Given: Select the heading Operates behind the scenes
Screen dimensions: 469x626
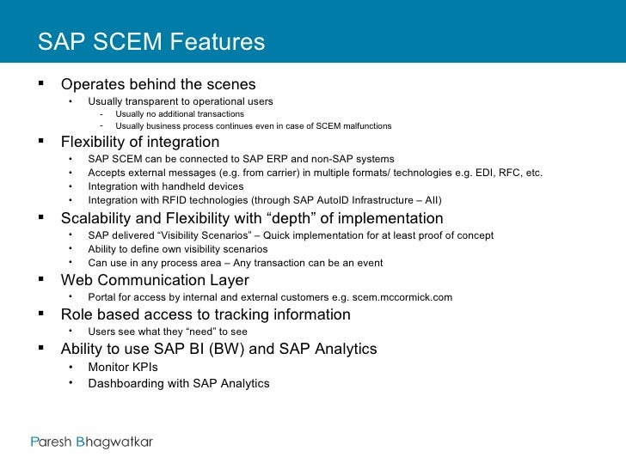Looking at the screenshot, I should click(158, 85).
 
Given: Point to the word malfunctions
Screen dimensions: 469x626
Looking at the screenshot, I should click(364, 126).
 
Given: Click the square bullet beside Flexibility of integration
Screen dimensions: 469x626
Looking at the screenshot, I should click(41, 142).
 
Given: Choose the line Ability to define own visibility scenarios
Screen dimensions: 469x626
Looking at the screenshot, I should click(184, 249).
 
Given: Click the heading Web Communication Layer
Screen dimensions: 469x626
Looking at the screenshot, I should click(155, 281).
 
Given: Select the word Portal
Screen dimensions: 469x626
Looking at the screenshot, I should click(103, 297).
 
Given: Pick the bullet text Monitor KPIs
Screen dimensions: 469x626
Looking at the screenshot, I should click(123, 366).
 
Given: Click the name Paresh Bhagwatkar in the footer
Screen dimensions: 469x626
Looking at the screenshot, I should click(91, 442).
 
